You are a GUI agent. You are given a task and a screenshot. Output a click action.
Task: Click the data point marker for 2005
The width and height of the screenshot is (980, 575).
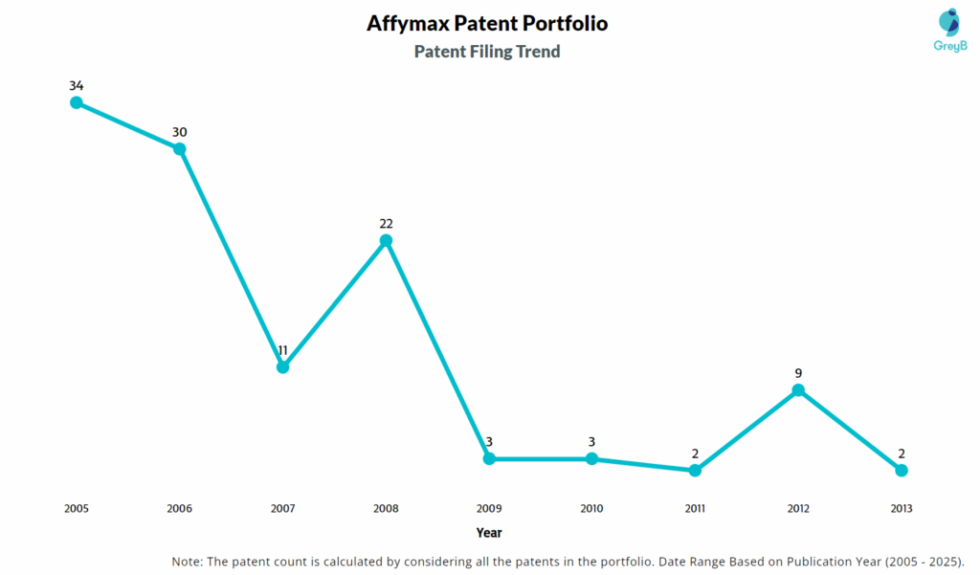77,102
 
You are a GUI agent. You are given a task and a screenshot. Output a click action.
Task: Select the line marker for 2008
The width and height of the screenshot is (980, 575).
386,240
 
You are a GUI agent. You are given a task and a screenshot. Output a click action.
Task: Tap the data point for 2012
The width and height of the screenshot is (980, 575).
798,389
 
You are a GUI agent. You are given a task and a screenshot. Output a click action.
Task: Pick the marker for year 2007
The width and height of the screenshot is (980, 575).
282,366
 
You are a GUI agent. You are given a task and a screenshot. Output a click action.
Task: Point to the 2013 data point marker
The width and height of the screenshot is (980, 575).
902,470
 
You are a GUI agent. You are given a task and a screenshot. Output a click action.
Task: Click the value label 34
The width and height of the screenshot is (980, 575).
77,86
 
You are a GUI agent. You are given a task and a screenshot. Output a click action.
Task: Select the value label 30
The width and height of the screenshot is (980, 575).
179,132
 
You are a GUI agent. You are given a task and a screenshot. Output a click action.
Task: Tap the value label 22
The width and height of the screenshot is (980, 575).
386,224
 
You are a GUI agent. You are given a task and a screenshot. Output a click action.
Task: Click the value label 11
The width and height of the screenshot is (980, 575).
282,350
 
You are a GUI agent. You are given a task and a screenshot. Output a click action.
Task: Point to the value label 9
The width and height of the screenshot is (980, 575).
798,373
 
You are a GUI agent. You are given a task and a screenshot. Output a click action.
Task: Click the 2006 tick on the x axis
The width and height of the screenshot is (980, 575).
179,509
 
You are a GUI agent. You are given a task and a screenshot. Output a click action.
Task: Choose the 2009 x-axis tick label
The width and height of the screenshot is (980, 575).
489,509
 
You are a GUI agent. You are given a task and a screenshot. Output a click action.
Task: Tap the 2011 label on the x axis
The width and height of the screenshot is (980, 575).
695,509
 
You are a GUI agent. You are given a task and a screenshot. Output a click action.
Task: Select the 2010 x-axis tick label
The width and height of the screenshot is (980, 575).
591,509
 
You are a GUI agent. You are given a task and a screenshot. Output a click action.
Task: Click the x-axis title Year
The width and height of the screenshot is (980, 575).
489,533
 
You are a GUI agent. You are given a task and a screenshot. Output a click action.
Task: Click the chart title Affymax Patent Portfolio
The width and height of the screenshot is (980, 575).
487,23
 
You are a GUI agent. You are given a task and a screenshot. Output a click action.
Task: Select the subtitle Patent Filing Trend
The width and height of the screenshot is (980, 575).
487,52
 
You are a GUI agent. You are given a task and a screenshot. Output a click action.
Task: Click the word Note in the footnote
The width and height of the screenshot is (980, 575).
188,561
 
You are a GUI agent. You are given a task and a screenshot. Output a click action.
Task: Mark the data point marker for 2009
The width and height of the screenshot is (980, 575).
489,458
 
